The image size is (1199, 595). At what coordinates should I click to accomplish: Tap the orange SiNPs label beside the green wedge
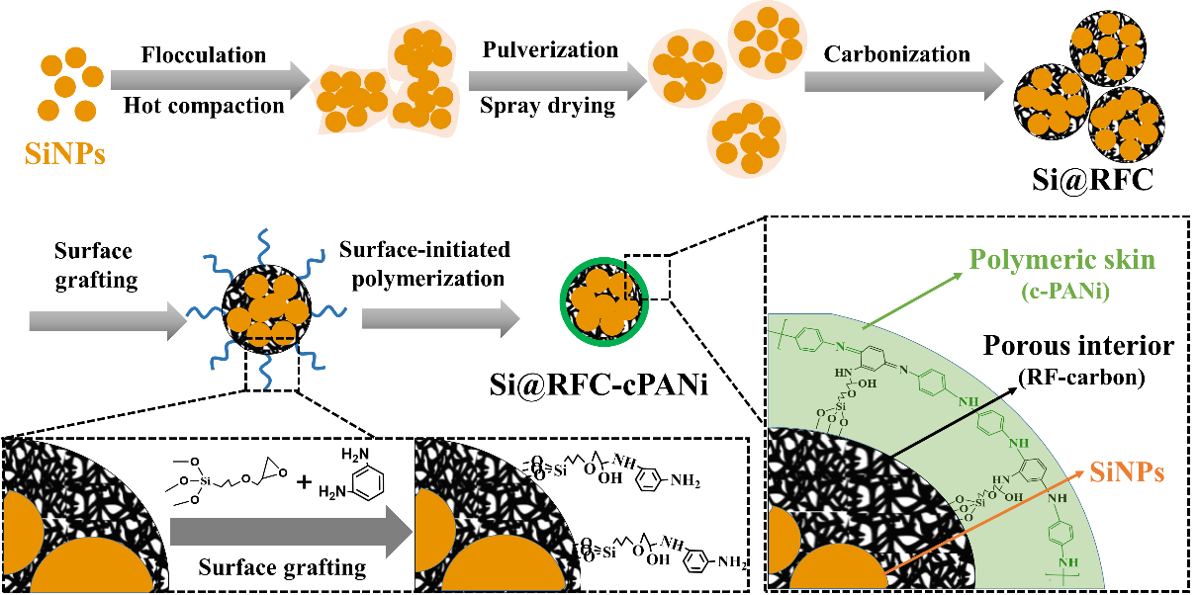(1127, 473)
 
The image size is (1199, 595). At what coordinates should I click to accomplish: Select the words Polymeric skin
(1061, 260)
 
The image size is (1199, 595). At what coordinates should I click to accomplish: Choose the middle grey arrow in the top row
(557, 80)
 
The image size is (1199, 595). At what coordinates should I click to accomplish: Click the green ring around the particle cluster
(564, 297)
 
